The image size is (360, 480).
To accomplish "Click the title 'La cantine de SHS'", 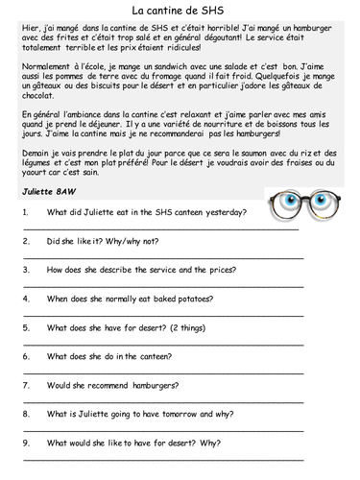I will [180, 10].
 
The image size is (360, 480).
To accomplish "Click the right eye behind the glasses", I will [324, 230].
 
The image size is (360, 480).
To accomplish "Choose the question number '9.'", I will [27, 444].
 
